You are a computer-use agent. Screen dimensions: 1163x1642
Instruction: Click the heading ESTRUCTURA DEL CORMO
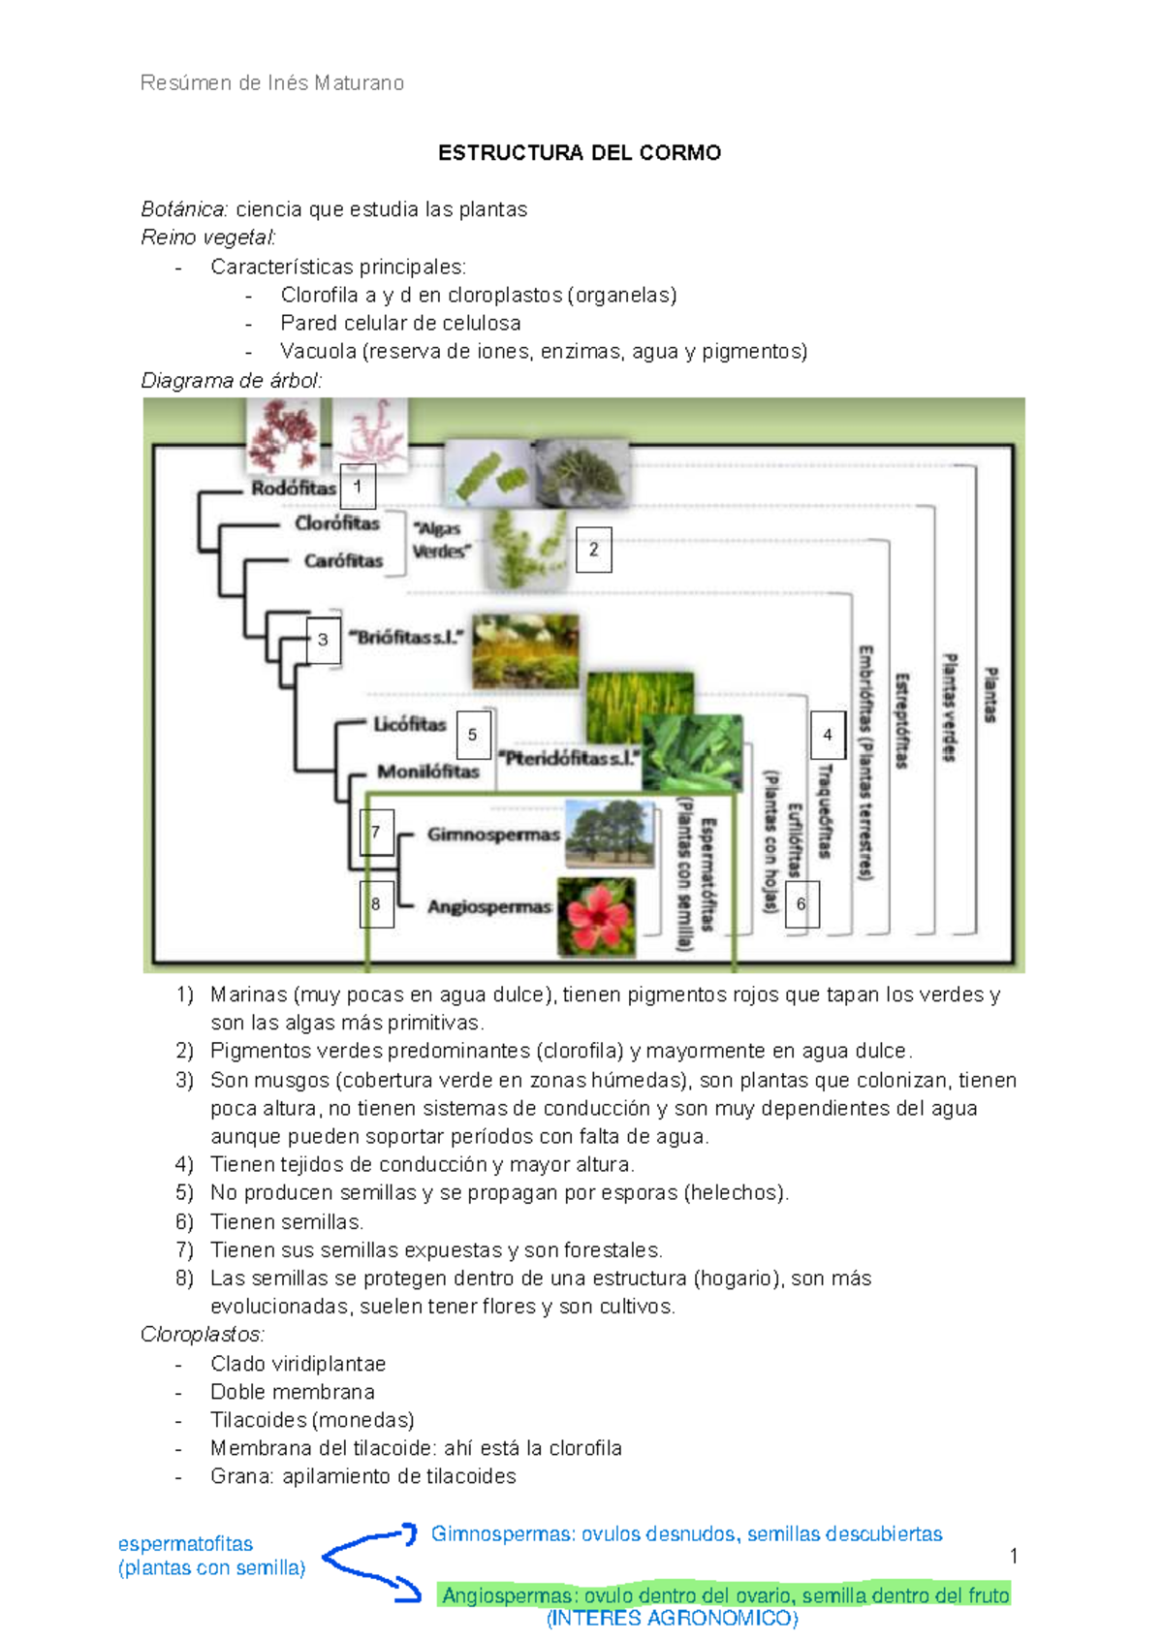click(579, 152)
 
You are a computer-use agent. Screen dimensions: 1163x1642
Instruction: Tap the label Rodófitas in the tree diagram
click(293, 489)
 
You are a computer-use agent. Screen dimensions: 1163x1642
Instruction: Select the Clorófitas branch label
click(337, 523)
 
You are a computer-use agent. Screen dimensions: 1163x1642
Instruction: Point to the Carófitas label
click(343, 561)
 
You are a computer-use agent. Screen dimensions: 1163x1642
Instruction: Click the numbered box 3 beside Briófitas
click(323, 640)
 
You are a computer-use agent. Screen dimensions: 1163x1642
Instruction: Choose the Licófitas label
click(410, 724)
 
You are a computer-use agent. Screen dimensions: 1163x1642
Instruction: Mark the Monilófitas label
click(428, 772)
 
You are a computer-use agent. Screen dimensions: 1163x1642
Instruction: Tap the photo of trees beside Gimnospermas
click(609, 835)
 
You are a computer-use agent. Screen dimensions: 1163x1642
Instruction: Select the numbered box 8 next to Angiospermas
click(377, 903)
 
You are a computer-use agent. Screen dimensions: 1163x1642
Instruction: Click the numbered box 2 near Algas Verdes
click(593, 549)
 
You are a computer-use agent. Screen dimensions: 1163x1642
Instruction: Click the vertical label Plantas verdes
click(949, 708)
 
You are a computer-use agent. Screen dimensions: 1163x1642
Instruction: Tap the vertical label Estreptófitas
click(902, 720)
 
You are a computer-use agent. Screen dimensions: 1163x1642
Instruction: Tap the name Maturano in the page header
click(360, 82)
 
